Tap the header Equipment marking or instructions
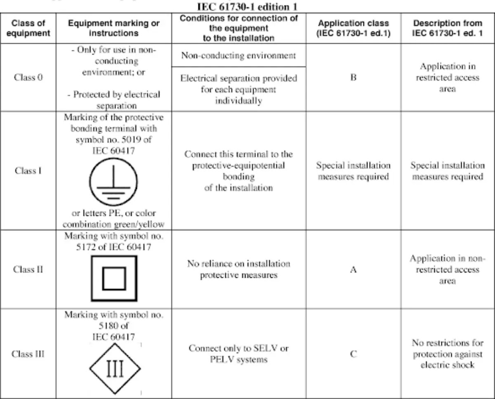[x=113, y=28]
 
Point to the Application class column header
[x=353, y=28]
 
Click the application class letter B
[x=353, y=77]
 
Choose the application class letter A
[x=353, y=270]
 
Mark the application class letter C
[x=353, y=354]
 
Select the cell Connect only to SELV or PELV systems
[x=238, y=354]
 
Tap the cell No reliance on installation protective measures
[x=238, y=269]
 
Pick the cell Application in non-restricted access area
[x=447, y=269]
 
